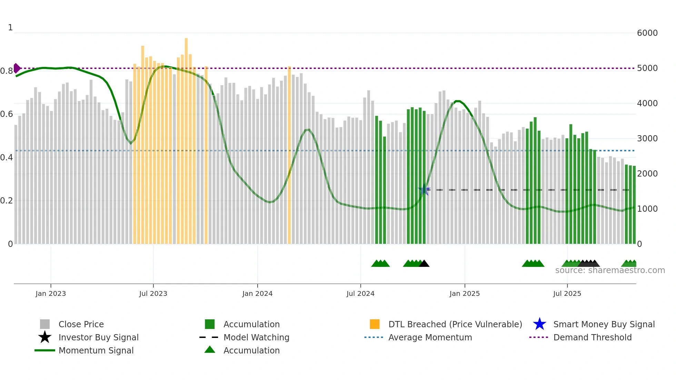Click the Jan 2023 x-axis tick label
[x=50, y=294]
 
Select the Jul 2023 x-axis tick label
[x=153, y=294]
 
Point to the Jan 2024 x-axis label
[x=257, y=294]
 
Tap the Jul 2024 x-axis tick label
[x=360, y=294]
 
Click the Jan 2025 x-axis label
[x=465, y=294]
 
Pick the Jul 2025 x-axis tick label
[x=567, y=294]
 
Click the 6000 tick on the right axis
[x=647, y=33]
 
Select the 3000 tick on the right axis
[x=647, y=139]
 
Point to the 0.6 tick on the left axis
[x=6, y=114]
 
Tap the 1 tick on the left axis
[x=10, y=28]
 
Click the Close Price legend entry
[x=81, y=324]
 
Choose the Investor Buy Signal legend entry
[x=98, y=338]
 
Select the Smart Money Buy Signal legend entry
[x=604, y=324]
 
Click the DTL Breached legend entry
[x=455, y=324]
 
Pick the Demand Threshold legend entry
[x=592, y=338]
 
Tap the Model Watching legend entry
[x=256, y=338]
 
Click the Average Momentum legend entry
[x=430, y=338]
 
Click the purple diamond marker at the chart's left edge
[x=16, y=68]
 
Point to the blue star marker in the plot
[x=424, y=190]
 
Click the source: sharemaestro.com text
[x=610, y=270]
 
